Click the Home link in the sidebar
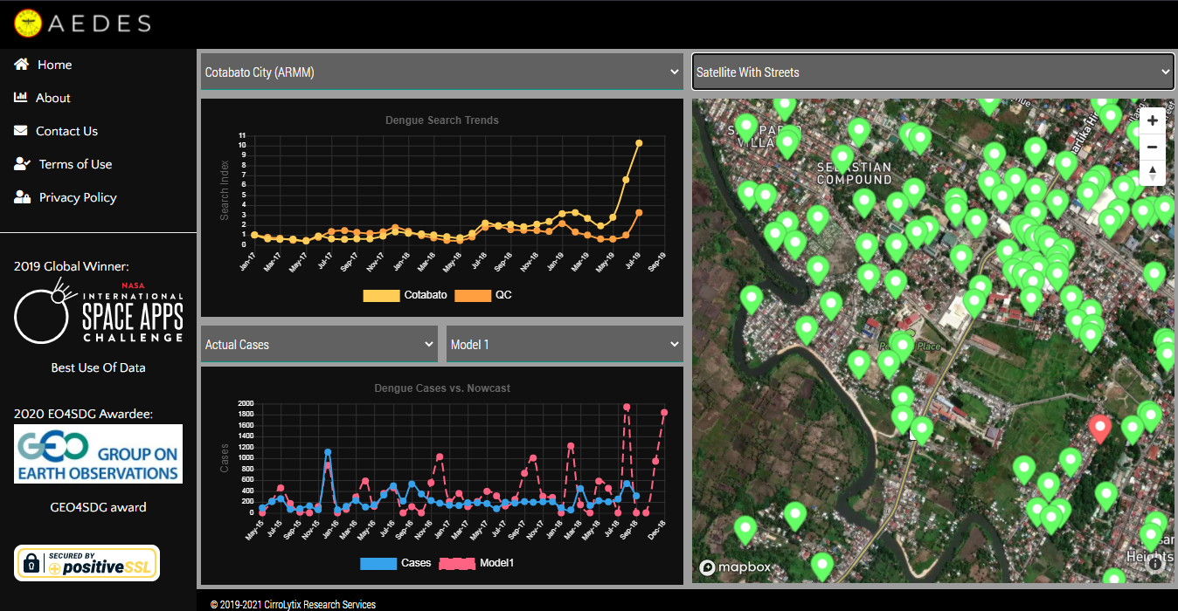coord(54,65)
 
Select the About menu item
coord(52,98)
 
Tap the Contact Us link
coord(66,131)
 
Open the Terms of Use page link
coord(75,164)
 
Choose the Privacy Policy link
coord(77,197)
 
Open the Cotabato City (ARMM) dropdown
coord(441,72)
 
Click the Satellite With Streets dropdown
coord(932,72)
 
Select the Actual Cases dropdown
coord(319,345)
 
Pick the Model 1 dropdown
coord(565,345)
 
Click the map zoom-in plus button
coord(1153,120)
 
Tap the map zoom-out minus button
coord(1153,147)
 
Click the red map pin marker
coord(1100,428)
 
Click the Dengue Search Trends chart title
coord(441,120)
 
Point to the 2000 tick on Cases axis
coord(246,404)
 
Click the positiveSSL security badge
coord(87,563)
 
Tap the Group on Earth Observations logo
coord(98,454)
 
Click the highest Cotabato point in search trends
coord(639,143)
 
